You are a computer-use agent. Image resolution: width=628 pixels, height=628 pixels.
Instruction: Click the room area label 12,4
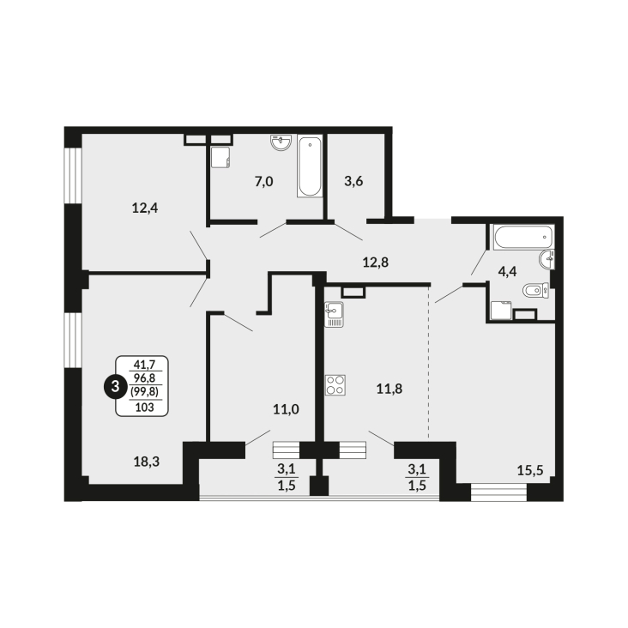[144, 206]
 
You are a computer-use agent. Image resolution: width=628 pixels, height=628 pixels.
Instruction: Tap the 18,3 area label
[147, 461]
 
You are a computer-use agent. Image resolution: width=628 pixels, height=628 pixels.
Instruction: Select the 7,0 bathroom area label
[263, 181]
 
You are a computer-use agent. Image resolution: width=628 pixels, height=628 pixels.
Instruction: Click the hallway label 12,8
[376, 262]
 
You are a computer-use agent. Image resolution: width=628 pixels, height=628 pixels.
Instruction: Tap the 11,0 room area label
[285, 409]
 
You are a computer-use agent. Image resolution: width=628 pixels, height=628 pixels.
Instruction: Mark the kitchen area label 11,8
[389, 388]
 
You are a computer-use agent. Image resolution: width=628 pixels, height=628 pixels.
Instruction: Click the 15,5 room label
[530, 468]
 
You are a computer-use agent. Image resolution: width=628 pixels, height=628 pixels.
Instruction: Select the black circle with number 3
[112, 386]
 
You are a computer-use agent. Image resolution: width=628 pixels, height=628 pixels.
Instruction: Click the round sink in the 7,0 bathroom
[281, 143]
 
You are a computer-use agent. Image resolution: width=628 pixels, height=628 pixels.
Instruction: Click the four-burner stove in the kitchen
[335, 386]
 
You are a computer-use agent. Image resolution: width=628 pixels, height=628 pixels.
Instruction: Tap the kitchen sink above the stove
[334, 314]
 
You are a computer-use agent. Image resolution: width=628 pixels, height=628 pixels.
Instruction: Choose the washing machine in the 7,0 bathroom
[221, 157]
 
